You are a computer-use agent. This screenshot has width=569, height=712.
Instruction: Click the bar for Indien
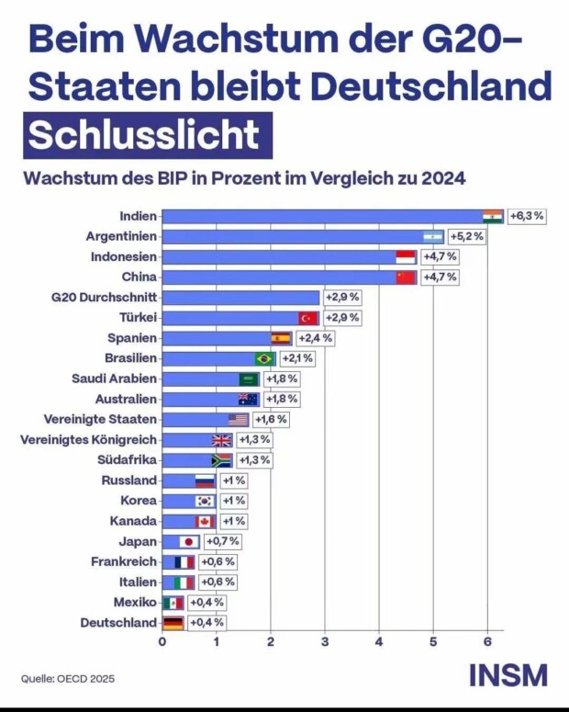pyautogui.click(x=321, y=217)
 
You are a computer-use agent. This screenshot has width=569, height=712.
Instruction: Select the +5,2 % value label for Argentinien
pyautogui.click(x=465, y=236)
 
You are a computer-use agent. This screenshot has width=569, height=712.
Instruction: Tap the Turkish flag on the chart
pyautogui.click(x=308, y=318)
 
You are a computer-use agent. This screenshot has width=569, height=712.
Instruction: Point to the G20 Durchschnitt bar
pyautogui.click(x=240, y=298)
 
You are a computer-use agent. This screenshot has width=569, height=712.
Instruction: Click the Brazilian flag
pyautogui.click(x=265, y=358)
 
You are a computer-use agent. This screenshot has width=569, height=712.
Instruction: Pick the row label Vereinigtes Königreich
pyautogui.click(x=88, y=440)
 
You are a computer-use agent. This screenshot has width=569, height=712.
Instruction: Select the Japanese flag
pyautogui.click(x=189, y=542)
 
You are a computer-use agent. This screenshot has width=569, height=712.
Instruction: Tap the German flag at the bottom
pyautogui.click(x=173, y=623)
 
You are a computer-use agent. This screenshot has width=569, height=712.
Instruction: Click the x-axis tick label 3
pyautogui.click(x=325, y=641)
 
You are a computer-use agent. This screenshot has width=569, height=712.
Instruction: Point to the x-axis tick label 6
pyautogui.click(x=487, y=641)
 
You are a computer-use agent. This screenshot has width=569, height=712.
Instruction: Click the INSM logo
pyautogui.click(x=508, y=675)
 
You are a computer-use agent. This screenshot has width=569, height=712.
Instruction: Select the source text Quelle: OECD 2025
pyautogui.click(x=69, y=679)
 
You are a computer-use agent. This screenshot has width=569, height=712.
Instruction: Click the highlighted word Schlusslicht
pyautogui.click(x=142, y=134)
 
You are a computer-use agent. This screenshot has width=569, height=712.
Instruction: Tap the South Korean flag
pyautogui.click(x=205, y=501)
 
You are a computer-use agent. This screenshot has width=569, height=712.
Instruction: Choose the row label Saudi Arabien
pyautogui.click(x=114, y=379)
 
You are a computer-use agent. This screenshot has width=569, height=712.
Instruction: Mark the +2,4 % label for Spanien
pyautogui.click(x=315, y=338)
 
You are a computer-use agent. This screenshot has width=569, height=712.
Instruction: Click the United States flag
pyautogui.click(x=239, y=420)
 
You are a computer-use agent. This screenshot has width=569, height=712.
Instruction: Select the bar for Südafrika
pyautogui.click(x=187, y=460)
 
